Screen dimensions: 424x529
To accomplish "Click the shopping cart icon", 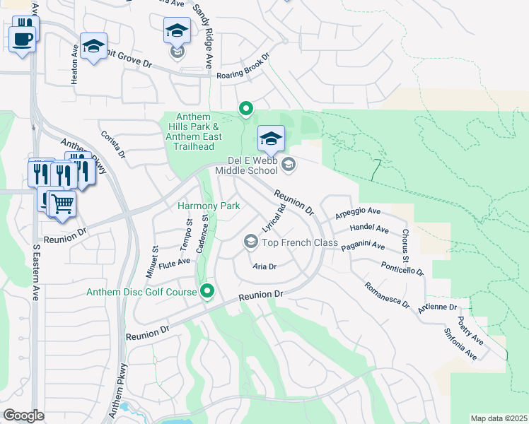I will (62, 204).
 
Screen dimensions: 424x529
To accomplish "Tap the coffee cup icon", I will (23, 38).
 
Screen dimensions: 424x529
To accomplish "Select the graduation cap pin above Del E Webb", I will (270, 139).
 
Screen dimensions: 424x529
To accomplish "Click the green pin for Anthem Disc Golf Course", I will (207, 290).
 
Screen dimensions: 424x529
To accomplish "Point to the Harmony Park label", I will (209, 206).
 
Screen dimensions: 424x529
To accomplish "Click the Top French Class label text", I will (300, 242).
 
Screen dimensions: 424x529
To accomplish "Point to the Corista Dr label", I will (113, 144).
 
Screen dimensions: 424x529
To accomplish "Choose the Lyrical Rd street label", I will (274, 219).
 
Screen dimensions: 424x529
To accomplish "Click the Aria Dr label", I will (264, 266).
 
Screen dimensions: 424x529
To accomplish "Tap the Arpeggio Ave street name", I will (358, 211).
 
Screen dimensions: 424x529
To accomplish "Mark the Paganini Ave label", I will (364, 246).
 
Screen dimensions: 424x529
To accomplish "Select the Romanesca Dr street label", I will (387, 295).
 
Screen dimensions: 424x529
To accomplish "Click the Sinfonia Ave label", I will (460, 343).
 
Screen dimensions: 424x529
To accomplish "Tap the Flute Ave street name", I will (175, 262).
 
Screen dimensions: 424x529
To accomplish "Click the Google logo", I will (23, 416).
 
